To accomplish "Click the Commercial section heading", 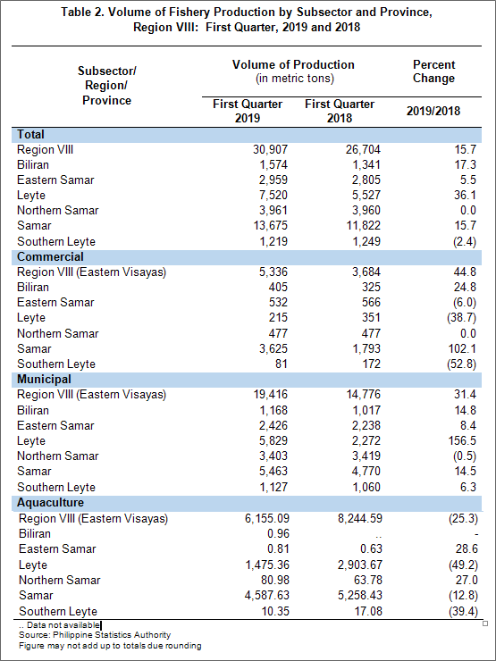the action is coord(50,256).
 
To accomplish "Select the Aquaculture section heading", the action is coord(50,503).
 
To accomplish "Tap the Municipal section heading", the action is coord(44,380).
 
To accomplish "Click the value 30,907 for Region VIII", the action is coord(270,150).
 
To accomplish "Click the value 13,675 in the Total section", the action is coord(270,225).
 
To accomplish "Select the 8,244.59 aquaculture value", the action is coord(360,518).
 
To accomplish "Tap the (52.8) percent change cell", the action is coord(461,364).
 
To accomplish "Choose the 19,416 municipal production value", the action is coord(270,395).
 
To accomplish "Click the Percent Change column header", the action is coord(434,71).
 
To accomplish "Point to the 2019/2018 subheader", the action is coord(433,112).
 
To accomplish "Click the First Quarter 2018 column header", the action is coord(340,111).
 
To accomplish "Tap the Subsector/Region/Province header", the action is coord(107,86).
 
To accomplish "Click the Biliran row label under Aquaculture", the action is coord(35,533).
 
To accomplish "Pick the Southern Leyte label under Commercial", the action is coord(56,364).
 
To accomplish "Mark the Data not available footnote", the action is coord(59,625).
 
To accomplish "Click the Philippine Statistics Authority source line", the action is coord(95,635).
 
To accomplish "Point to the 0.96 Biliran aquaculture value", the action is coord(278,533).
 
